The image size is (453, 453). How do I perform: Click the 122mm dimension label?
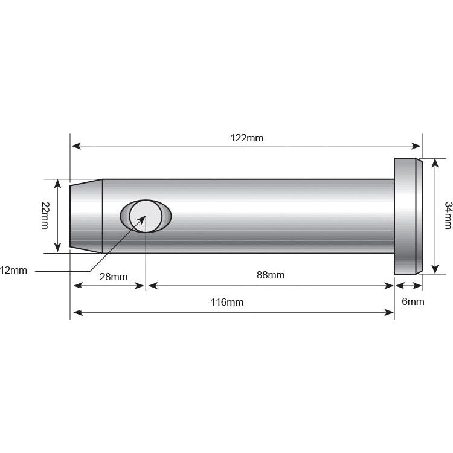tap(246, 138)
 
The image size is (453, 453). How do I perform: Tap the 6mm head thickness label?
tap(413, 301)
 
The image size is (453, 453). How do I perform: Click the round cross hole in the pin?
tap(146, 216)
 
